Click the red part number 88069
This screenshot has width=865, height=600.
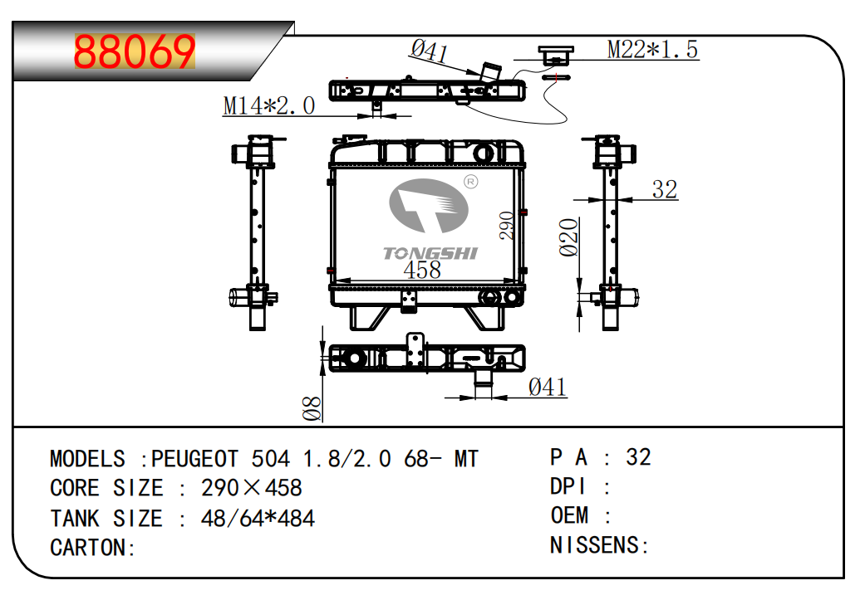click(135, 51)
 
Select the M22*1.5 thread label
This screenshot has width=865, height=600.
click(652, 50)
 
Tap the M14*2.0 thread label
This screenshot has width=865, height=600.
click(268, 105)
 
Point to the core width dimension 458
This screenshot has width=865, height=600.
click(422, 270)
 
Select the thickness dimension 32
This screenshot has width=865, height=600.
click(664, 189)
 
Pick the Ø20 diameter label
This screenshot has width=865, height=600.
click(568, 237)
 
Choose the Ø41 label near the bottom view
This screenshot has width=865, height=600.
click(548, 387)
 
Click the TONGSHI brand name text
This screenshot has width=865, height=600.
click(430, 253)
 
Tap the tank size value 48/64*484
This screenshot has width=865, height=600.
click(258, 519)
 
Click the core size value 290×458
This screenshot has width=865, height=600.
click(251, 488)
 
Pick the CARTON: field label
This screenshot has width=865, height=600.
click(92, 548)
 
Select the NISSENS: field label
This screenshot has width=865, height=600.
click(599, 545)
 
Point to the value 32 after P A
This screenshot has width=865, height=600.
click(638, 457)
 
